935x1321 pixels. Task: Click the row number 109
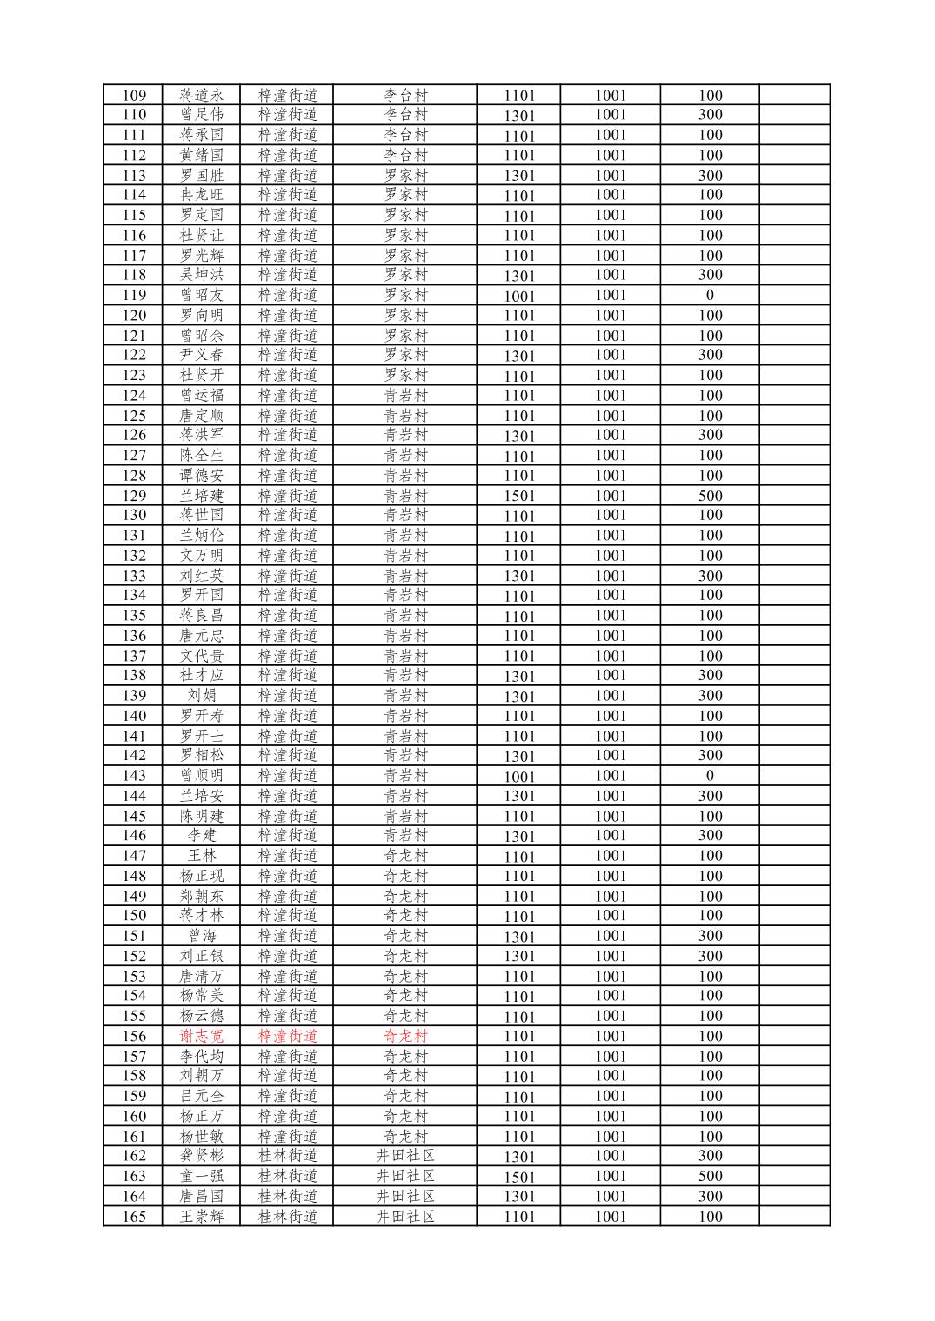134,96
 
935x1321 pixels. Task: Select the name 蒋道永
201,96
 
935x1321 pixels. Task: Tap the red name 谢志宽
201,1036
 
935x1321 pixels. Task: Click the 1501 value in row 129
519,496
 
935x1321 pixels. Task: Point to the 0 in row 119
710,295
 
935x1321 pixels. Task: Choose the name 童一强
201,1176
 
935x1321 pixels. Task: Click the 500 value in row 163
710,1176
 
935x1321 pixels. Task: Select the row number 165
134,1216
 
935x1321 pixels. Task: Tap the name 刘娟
201,695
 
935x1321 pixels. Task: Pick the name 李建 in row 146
201,835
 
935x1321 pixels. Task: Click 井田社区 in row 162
405,1156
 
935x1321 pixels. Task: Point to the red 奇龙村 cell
405,1036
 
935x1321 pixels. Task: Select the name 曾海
201,936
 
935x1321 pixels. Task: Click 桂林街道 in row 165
288,1216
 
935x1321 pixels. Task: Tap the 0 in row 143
710,776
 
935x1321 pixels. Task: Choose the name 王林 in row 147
201,856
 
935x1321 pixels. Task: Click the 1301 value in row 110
519,116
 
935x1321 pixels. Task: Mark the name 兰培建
201,496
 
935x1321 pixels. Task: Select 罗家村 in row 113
405,175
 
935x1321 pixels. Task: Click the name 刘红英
201,576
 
